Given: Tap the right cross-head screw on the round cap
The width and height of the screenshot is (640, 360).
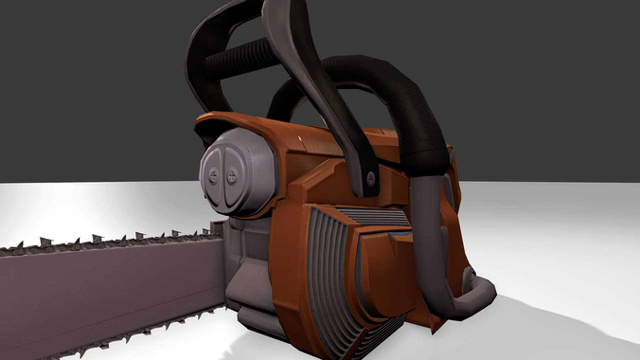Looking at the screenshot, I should [232, 175].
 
